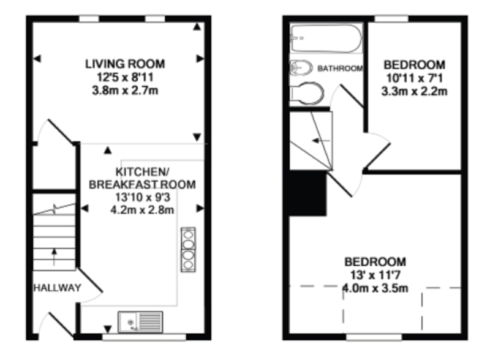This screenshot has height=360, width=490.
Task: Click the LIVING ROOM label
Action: pyautogui.click(x=125, y=64)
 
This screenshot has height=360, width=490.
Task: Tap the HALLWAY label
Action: pyautogui.click(x=57, y=288)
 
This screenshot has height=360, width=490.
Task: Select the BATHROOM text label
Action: pyautogui.click(x=340, y=68)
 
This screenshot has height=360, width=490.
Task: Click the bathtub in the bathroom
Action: pyautogui.click(x=326, y=39)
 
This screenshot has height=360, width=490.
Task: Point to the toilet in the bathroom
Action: pyautogui.click(x=307, y=93)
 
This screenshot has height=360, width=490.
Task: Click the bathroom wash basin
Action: pyautogui.click(x=301, y=67)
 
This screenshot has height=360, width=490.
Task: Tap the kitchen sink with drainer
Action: pyautogui.click(x=140, y=322)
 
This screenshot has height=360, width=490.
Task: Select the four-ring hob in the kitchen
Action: pyautogui.click(x=188, y=249)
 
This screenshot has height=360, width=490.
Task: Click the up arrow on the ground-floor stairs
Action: pyautogui.click(x=55, y=257)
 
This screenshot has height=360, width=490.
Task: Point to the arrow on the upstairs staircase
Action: pyautogui.click(x=320, y=141)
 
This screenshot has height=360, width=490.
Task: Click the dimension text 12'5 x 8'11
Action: pyautogui.click(x=125, y=77)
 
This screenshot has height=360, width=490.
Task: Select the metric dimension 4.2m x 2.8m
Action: pyautogui.click(x=142, y=209)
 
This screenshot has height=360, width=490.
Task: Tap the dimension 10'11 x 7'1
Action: pyautogui.click(x=415, y=78)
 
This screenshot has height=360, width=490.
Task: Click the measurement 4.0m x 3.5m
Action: pyautogui.click(x=375, y=288)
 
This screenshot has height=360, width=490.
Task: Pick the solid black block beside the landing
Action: pyautogui.click(x=307, y=193)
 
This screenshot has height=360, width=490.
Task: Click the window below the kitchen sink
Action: pyautogui.click(x=144, y=337)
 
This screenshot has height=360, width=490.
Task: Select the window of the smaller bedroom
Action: pyautogui.click(x=391, y=19)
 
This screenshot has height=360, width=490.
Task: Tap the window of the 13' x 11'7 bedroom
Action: pyautogui.click(x=374, y=337)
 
